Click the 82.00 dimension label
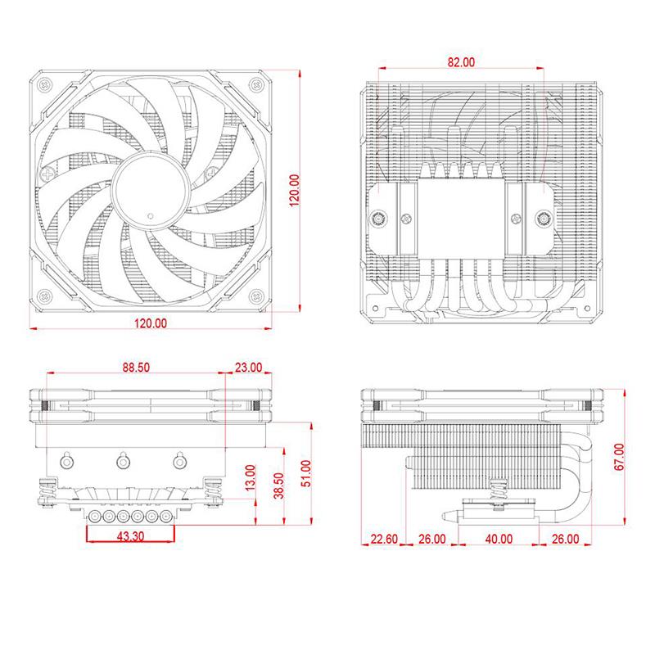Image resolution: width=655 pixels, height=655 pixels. click(462, 62)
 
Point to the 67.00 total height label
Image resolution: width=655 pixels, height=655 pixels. click(618, 456)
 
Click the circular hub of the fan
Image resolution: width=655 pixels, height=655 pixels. click(150, 190)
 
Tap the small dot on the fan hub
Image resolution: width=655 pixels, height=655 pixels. click(150, 216)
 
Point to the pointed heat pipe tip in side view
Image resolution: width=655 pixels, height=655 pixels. click(449, 517)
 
